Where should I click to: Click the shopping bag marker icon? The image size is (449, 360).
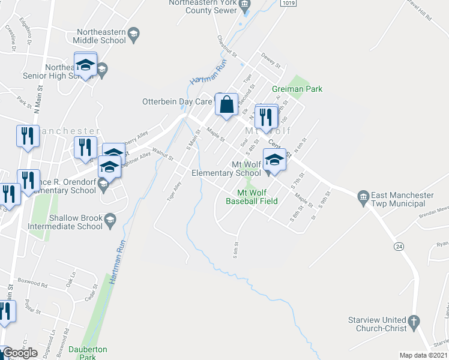[x=228, y=105]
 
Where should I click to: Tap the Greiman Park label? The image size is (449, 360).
[x=297, y=89]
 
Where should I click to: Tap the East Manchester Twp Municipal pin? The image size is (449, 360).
[x=363, y=197]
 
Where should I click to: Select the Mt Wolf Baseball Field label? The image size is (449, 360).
[x=252, y=197]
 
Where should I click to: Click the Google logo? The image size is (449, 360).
[x=20, y=353]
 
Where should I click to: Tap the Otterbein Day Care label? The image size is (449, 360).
[x=176, y=101]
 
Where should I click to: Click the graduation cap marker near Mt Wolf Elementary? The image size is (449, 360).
[x=274, y=160]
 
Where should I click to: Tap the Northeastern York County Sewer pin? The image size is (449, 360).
[x=244, y=7]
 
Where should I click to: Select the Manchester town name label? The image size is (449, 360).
[x=72, y=131]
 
